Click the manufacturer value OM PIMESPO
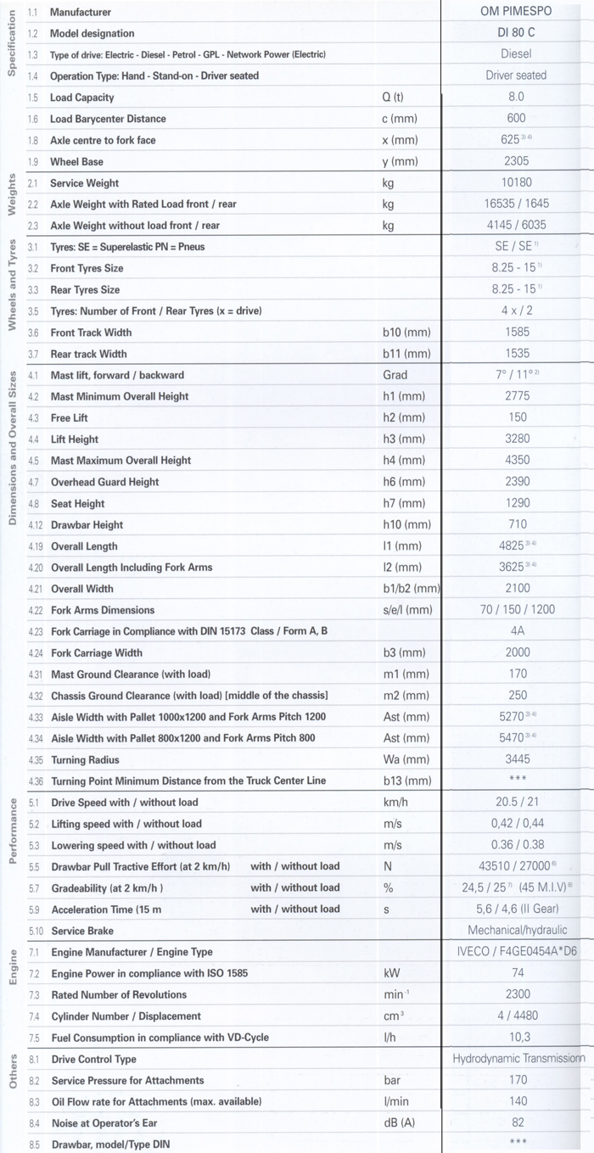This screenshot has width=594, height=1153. coord(516,12)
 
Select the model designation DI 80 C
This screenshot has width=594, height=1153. coord(516,33)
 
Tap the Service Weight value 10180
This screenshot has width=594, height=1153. coord(516,182)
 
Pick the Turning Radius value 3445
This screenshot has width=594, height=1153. coord(516,759)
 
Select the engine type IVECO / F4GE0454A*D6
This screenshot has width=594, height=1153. coord(516,951)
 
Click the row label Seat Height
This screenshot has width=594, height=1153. coord(77,503)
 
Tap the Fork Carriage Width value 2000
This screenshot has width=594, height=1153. coord(516,652)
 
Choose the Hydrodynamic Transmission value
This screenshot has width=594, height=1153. coord(518,1058)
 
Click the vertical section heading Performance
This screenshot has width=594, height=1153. coord(13,831)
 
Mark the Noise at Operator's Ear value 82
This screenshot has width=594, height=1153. coord(516,1122)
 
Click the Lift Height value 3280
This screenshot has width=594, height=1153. coord(516,439)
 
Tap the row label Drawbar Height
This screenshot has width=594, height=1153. coord(87,525)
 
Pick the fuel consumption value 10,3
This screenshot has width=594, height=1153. coord(516,1037)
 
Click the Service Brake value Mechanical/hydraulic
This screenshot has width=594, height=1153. coord(516,930)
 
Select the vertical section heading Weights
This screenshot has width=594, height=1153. coord(13,196)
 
